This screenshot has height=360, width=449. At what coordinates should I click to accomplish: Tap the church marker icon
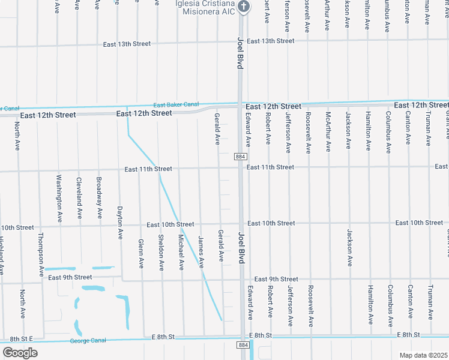pyautogui.click(x=243, y=7)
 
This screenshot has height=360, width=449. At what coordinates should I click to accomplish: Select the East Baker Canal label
pyautogui.click(x=176, y=104)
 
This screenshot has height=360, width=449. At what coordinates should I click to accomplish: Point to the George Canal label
pyautogui.click(x=88, y=340)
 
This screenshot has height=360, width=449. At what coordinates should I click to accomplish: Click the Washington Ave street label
pyautogui.click(x=59, y=199)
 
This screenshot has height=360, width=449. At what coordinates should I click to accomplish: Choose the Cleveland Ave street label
pyautogui.click(x=79, y=198)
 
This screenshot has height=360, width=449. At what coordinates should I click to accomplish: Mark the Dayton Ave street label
pyautogui.click(x=119, y=224)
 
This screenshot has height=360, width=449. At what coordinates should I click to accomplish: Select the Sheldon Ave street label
pyautogui.click(x=161, y=253)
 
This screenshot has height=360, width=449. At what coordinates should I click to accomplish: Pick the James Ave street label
pyautogui.click(x=201, y=251)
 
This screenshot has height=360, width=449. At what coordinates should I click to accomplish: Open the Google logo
pyautogui.click(x=20, y=352)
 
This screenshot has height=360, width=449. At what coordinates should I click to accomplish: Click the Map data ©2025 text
pyautogui.click(x=424, y=355)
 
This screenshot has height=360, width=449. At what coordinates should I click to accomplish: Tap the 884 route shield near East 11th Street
pyautogui.click(x=240, y=157)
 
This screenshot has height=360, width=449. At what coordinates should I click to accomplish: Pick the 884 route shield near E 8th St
pyautogui.click(x=243, y=345)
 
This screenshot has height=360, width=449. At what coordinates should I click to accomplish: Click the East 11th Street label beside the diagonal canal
pyautogui.click(x=148, y=169)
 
